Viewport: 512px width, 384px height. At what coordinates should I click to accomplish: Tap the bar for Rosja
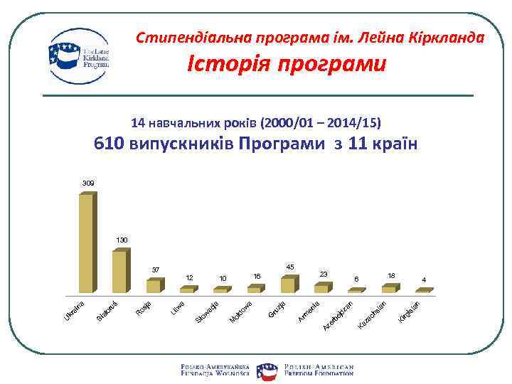click(154, 286)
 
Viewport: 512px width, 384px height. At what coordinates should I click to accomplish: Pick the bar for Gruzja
click(288, 284)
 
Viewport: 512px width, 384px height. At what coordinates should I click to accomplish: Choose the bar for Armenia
click(322, 288)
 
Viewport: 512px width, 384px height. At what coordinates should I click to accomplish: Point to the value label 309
click(87, 183)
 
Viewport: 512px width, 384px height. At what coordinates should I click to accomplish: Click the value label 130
click(122, 240)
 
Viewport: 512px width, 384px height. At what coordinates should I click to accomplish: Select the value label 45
click(290, 267)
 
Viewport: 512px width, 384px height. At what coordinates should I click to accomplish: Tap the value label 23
click(324, 274)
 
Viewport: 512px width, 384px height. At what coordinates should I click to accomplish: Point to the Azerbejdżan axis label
click(339, 316)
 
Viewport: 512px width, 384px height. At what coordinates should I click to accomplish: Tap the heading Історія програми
click(287, 65)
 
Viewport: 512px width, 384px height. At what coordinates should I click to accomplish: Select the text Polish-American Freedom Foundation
click(319, 368)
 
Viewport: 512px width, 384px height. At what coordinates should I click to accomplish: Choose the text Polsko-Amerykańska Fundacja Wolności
click(216, 368)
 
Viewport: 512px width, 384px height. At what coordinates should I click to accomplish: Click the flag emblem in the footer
click(267, 368)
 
